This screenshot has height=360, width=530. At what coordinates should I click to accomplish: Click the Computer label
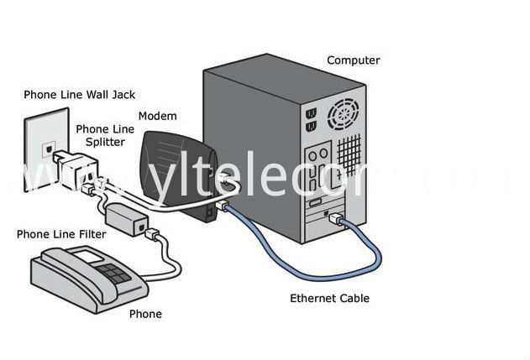pos(354,60)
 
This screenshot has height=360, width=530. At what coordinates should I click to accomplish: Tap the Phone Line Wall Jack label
pos(80,95)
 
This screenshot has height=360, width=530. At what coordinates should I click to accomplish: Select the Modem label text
pos(158,116)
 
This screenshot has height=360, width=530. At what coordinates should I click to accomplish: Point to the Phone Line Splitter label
pos(105,135)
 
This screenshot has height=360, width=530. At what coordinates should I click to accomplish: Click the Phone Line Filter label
pos(61,234)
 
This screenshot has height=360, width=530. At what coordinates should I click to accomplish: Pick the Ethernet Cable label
pos(329,299)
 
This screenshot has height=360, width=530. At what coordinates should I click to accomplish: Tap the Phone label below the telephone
pos(145,314)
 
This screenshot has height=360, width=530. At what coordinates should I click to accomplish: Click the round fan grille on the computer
pos(344,114)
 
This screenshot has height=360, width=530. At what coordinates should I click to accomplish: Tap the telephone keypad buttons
pos(113,274)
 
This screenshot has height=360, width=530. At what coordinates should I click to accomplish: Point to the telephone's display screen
pos(89,255)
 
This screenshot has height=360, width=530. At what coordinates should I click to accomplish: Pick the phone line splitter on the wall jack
pos(76,169)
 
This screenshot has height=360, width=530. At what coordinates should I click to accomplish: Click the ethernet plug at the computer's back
pos(337,219)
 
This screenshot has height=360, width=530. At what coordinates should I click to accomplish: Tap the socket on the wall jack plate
pos(49,149)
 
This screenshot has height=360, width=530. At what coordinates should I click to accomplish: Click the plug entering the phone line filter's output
pos(152,234)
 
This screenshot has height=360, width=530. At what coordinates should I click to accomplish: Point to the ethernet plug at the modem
pos(223,206)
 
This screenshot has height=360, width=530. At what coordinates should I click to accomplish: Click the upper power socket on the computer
pos(311,113)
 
